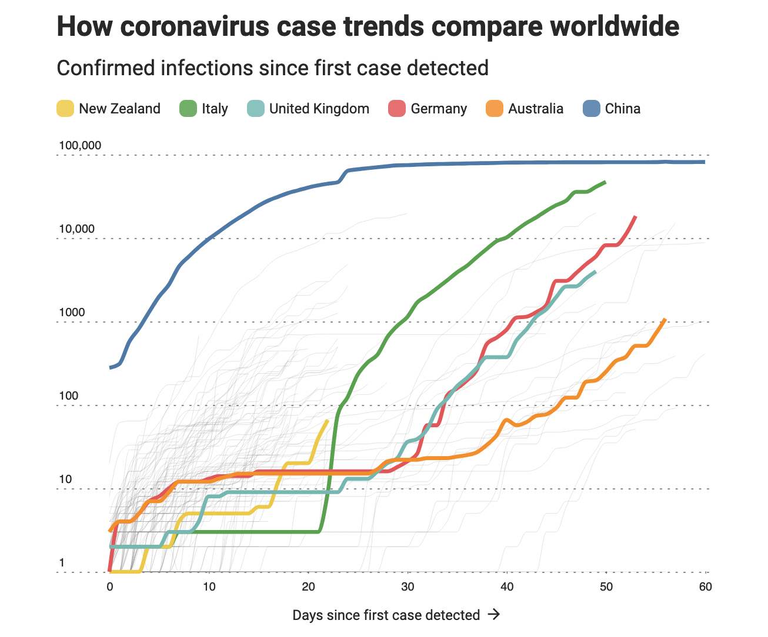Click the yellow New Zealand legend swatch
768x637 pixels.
click(x=65, y=109)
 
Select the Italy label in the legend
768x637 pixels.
click(x=215, y=109)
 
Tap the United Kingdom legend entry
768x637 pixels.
click(x=319, y=109)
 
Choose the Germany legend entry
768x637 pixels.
click(x=439, y=109)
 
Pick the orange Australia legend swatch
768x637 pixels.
click(x=495, y=109)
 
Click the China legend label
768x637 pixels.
click(x=622, y=109)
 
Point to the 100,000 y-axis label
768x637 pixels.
click(x=80, y=145)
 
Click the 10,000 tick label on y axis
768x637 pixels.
click(x=76, y=229)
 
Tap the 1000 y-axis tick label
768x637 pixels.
click(x=72, y=312)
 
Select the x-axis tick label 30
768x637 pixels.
click(x=408, y=586)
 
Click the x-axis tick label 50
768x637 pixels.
click(x=606, y=586)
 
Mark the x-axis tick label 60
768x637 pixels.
click(x=705, y=586)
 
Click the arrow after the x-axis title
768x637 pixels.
click(x=495, y=615)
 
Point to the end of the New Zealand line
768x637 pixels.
click(x=328, y=420)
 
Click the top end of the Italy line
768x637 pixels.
click(x=605, y=182)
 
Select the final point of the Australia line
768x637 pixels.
click(x=665, y=319)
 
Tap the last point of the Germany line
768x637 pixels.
click(x=636, y=217)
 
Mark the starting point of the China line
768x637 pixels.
click(x=110, y=368)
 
